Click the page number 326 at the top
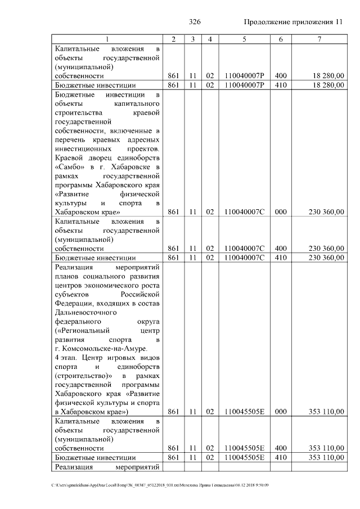(195, 22)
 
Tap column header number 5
(244, 39)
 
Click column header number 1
(107, 39)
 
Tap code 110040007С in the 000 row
(244, 212)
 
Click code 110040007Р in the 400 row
(244, 75)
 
